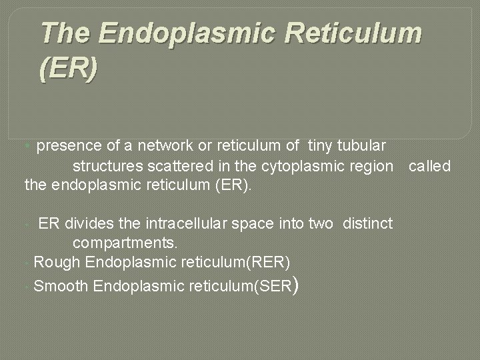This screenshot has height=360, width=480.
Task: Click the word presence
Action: pyautogui.click(x=69, y=145)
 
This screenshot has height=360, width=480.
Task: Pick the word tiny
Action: pyautogui.click(x=319, y=145)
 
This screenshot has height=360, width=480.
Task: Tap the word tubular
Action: pyautogui.click(x=363, y=145)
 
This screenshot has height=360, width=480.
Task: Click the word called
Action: pyautogui.click(x=430, y=165)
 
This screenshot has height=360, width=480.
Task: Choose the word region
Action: pyautogui.click(x=371, y=165)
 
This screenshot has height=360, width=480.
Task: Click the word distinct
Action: pyautogui.click(x=368, y=223)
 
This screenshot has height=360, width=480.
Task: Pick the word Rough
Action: pyautogui.click(x=57, y=260)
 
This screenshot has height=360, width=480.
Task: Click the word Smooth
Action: pyautogui.click(x=61, y=287)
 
